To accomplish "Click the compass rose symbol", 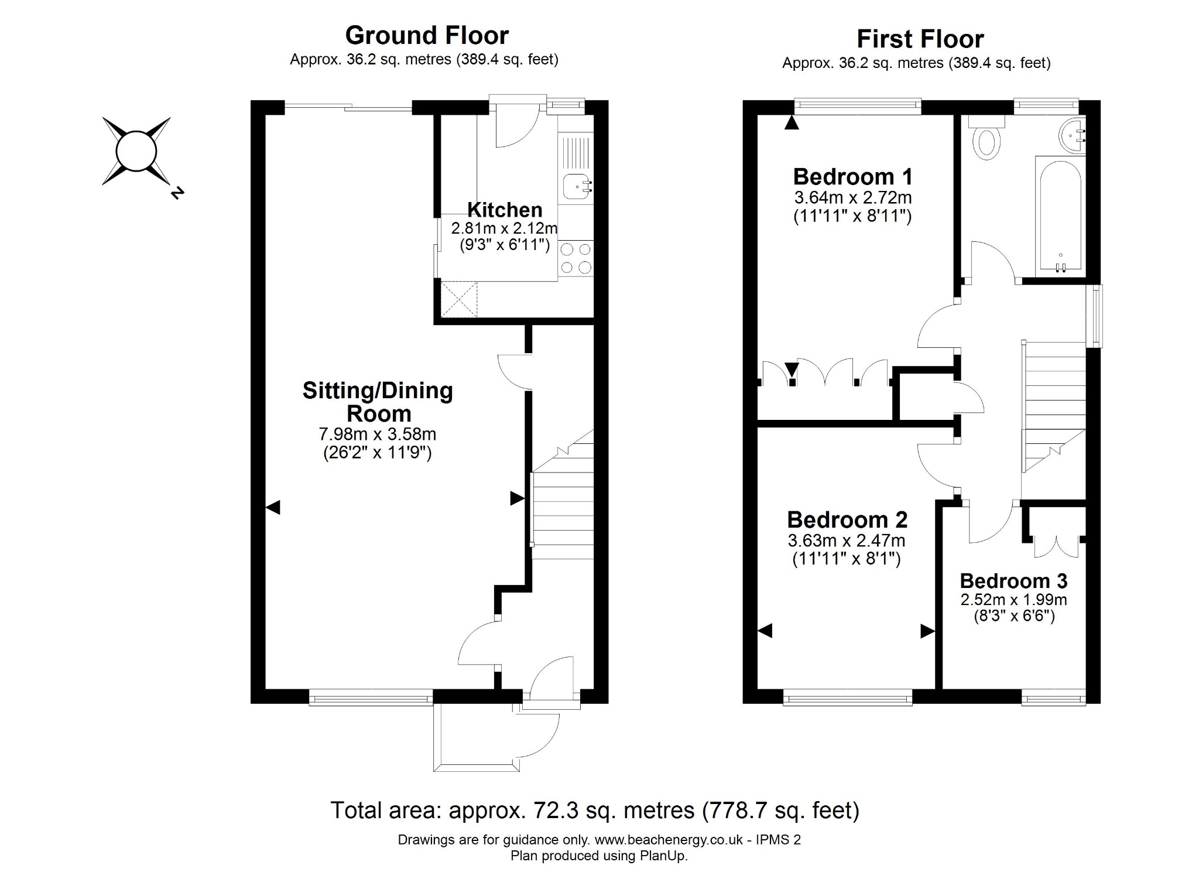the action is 136,151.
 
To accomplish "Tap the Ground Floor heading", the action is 427,35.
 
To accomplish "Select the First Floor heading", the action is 920,39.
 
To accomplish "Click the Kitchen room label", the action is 505,209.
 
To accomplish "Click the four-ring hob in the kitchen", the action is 576,259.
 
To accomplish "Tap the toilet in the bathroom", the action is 986,138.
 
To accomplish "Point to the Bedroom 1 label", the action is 852,176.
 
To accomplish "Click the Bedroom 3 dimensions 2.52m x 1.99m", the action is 1013,600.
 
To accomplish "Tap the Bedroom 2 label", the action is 847,519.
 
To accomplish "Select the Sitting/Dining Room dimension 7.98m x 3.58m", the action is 378,434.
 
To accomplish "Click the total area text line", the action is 595,810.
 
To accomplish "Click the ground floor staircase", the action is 562,495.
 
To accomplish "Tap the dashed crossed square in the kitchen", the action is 459,299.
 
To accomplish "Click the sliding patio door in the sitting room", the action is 349,107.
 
